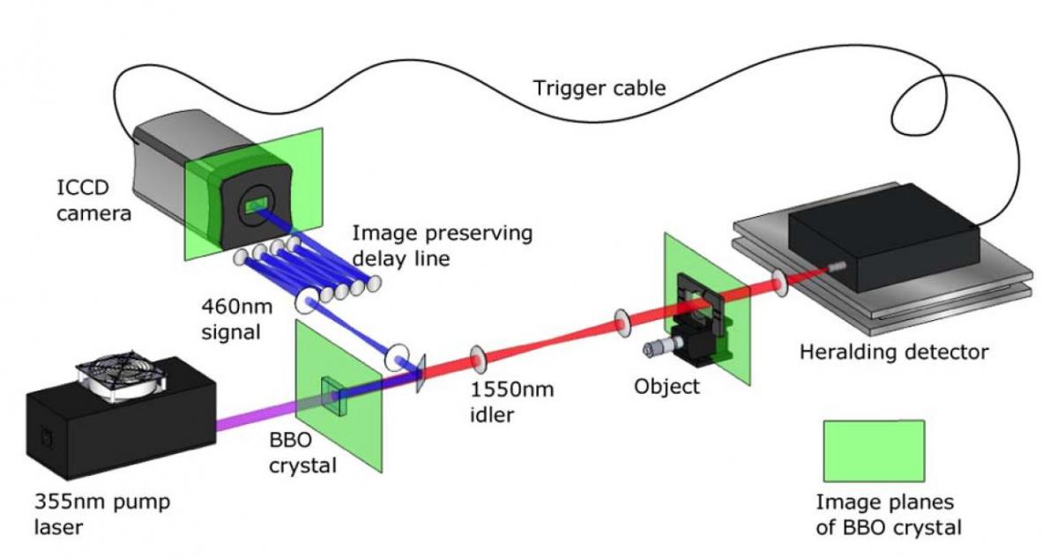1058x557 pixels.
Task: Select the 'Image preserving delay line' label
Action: click(442, 247)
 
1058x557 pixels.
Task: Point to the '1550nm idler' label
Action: click(513, 400)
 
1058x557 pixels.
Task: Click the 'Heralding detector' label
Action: click(893, 353)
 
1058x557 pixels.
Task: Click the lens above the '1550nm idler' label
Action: click(480, 357)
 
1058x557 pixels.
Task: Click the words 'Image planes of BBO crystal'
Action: click(887, 517)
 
